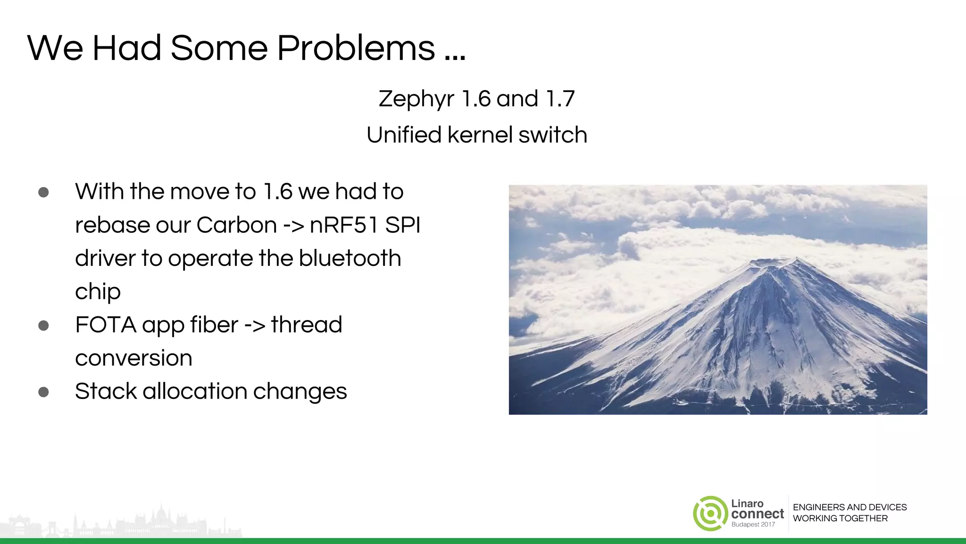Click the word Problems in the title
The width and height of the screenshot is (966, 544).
pos(356,49)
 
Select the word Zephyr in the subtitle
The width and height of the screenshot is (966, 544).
pos(416,99)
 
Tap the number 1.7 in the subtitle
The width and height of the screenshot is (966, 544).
pos(560,99)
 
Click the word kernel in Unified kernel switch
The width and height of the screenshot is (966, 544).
pos(480,135)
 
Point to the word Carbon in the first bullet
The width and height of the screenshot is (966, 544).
pos(236,225)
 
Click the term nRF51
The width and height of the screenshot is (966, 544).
pos(344,225)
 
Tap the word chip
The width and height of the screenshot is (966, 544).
pos(98,292)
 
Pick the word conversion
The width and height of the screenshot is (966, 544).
pos(133,358)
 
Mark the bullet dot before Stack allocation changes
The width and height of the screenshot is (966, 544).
pos(43,392)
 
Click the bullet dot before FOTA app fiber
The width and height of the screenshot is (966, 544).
pos(43,325)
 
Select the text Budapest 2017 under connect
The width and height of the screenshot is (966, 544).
pos(753,525)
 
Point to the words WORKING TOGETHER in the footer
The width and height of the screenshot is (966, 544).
pos(840,518)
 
